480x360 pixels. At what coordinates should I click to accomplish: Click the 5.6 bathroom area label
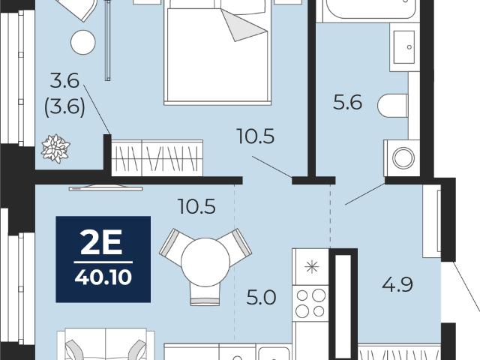(x=347, y=102)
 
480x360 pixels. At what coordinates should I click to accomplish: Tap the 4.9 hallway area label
(x=397, y=284)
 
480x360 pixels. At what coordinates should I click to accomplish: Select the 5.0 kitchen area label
(x=261, y=298)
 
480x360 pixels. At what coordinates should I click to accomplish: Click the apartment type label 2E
(x=101, y=242)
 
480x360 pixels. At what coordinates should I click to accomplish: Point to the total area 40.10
(x=103, y=277)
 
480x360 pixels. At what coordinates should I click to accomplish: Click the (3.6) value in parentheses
(x=64, y=107)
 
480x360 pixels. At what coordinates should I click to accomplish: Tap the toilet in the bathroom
(x=393, y=106)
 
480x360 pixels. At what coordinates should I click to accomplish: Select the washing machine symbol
(x=402, y=158)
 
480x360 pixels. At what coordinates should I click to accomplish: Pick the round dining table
(x=205, y=262)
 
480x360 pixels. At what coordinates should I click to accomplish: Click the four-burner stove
(x=310, y=303)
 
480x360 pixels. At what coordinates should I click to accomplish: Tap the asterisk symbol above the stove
(x=311, y=267)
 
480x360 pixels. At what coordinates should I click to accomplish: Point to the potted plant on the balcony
(x=55, y=148)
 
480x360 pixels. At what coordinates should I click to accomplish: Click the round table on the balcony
(x=83, y=43)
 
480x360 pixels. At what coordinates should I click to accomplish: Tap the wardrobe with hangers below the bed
(x=157, y=158)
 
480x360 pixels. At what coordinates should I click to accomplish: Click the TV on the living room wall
(x=106, y=187)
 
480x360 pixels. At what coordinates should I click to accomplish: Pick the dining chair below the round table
(x=205, y=294)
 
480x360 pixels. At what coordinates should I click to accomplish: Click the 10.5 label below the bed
(x=256, y=136)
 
